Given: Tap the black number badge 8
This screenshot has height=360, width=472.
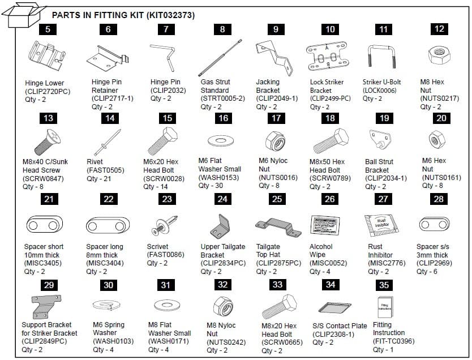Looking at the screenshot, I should coord(222,29).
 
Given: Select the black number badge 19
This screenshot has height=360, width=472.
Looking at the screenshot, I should coord(385,118).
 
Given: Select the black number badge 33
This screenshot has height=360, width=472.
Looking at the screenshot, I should coord(277,285).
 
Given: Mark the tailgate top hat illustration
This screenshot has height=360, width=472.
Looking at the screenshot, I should coord(276,226).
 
